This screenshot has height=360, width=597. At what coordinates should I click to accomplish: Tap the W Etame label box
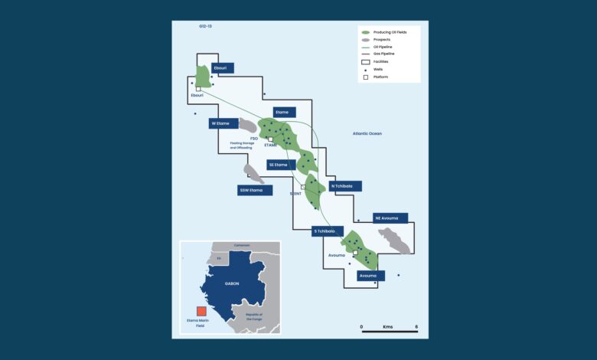pyautogui.click(x=224, y=123)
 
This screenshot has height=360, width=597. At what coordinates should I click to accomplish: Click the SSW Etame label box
pyautogui.click(x=255, y=190)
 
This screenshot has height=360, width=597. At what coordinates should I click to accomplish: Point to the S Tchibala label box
pyautogui.click(x=328, y=231)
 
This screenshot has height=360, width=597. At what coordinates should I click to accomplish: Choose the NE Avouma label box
pyautogui.click(x=390, y=218)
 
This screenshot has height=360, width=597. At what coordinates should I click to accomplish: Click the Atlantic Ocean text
pyautogui.click(x=367, y=134)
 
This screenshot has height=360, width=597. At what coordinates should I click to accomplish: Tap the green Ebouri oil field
pyautogui.click(x=202, y=77)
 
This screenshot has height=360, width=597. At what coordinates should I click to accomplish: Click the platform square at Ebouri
pyautogui.click(x=198, y=89)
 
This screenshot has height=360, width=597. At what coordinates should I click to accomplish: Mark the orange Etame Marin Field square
pyautogui.click(x=201, y=311)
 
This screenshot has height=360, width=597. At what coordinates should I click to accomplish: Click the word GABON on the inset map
pyautogui.click(x=231, y=283)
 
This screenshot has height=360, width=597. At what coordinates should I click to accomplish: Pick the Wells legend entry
pyautogui.click(x=378, y=69)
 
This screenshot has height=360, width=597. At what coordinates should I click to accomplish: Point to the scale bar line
pyautogui.click(x=389, y=332)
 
